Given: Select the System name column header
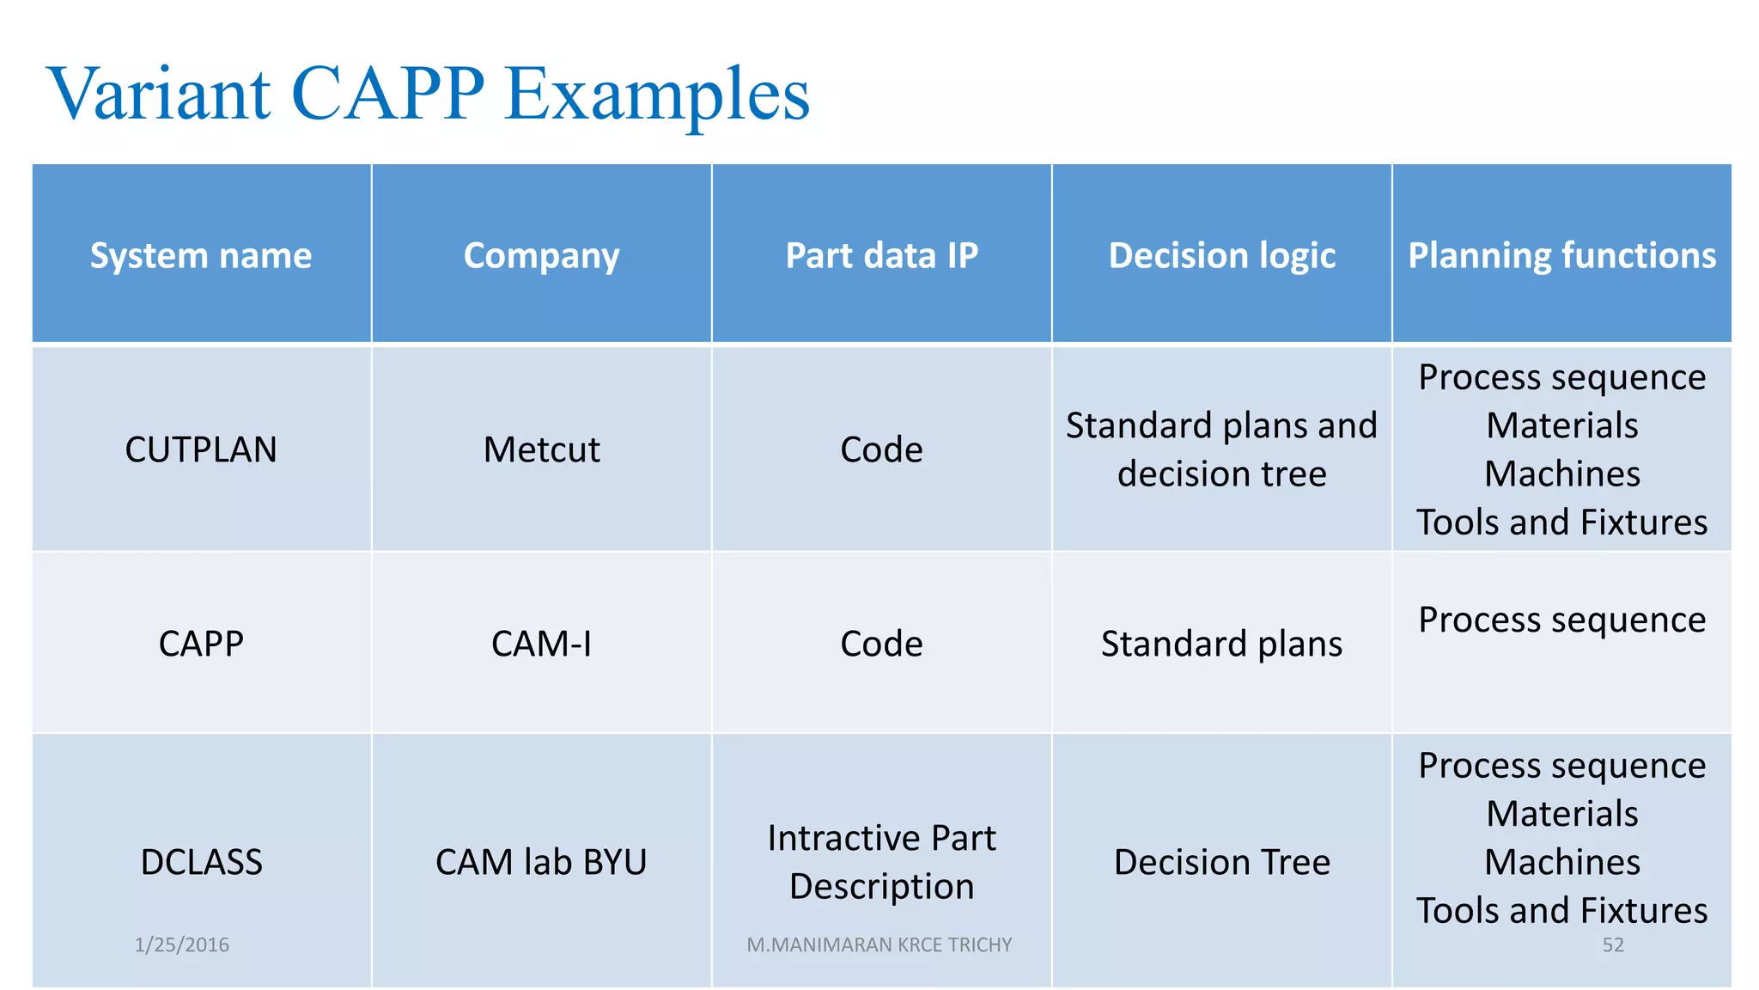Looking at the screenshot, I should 201,255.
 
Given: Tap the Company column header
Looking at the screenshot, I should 541,255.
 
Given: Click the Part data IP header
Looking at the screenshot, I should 881,255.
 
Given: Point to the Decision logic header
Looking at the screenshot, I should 1221,255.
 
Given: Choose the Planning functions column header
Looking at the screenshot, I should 1561,255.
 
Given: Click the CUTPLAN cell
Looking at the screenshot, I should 201,449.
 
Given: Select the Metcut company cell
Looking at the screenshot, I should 541,449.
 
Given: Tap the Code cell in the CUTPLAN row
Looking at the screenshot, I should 881,449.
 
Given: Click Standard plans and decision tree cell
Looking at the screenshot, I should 1221,449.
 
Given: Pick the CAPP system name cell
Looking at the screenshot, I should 201,644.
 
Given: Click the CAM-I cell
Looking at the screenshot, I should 541,644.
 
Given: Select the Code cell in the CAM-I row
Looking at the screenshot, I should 881,644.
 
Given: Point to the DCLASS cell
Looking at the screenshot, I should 201,862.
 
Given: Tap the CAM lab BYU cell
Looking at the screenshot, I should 541,862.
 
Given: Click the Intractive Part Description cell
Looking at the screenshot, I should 881,862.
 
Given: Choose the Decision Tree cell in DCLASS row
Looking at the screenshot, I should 1221,862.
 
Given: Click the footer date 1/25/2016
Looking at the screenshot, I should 181,944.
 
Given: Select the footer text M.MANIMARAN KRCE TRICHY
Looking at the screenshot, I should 879,944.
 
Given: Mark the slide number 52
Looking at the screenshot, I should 1612,944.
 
